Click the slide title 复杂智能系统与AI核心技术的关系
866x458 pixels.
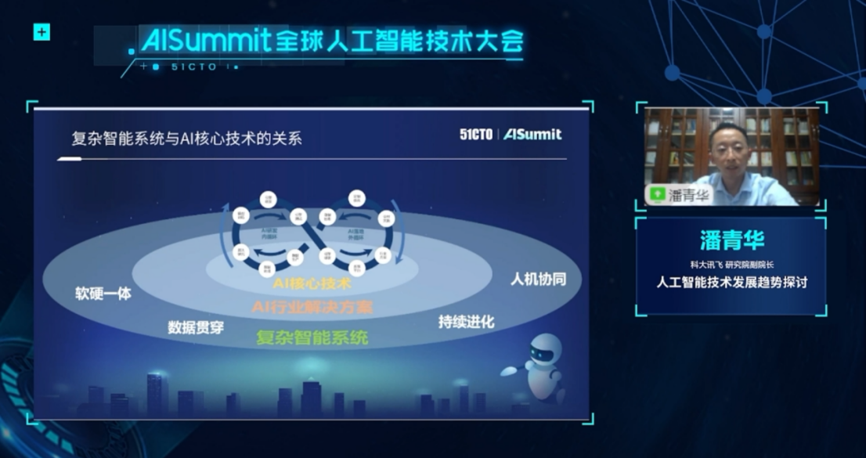[x=186, y=139]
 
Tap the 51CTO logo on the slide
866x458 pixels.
[x=476, y=135]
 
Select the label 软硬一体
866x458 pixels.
[x=103, y=294]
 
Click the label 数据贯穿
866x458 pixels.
[x=196, y=327]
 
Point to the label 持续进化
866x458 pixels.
[x=467, y=322]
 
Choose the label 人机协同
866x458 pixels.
[x=538, y=279]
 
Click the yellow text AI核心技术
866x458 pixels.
[x=312, y=283]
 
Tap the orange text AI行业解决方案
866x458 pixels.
[x=312, y=306]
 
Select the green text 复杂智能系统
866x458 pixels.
[x=312, y=338]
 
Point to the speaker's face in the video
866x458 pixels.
[x=727, y=150]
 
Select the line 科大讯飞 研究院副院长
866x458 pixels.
[x=731, y=263]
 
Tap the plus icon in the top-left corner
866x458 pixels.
[x=41, y=32]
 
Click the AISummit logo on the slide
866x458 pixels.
[x=532, y=135]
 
